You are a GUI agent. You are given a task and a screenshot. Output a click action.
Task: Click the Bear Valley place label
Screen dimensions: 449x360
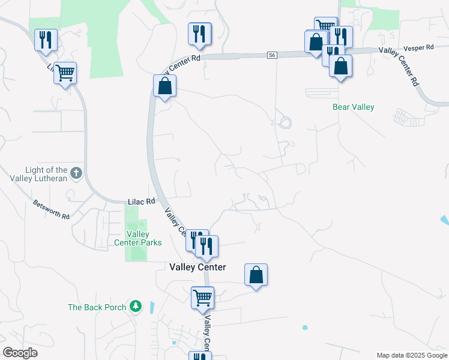point(353,107)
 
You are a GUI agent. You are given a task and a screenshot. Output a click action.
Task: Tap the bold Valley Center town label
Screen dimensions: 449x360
point(197,267)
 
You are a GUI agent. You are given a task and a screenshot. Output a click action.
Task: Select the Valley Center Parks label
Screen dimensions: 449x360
point(138,238)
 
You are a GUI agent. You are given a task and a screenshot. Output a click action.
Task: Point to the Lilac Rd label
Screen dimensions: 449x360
point(142,202)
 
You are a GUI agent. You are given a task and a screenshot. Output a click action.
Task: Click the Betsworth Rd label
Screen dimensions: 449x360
point(52,209)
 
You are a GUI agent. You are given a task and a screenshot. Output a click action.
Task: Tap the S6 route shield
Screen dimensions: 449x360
point(273,55)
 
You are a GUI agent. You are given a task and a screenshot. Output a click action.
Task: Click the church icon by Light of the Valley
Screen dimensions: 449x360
point(76,173)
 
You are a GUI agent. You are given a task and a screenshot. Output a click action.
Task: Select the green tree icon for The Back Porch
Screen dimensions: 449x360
point(136,307)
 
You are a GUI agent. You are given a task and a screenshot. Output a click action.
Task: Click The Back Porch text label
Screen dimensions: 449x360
point(97,307)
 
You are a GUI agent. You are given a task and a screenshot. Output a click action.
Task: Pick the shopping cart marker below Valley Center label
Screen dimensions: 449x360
point(202,297)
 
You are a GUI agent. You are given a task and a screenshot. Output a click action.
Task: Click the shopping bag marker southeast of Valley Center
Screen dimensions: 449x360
point(256,275)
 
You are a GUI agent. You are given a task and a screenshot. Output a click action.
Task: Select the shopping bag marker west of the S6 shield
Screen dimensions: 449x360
point(164,86)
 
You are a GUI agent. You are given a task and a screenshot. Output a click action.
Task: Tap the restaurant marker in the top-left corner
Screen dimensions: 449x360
point(46,40)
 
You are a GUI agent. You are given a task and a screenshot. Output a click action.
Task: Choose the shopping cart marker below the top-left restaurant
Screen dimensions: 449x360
point(65,73)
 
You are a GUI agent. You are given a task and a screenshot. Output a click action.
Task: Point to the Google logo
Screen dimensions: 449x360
point(20,352)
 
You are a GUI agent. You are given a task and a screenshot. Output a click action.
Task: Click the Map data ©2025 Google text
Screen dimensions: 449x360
point(411,355)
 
